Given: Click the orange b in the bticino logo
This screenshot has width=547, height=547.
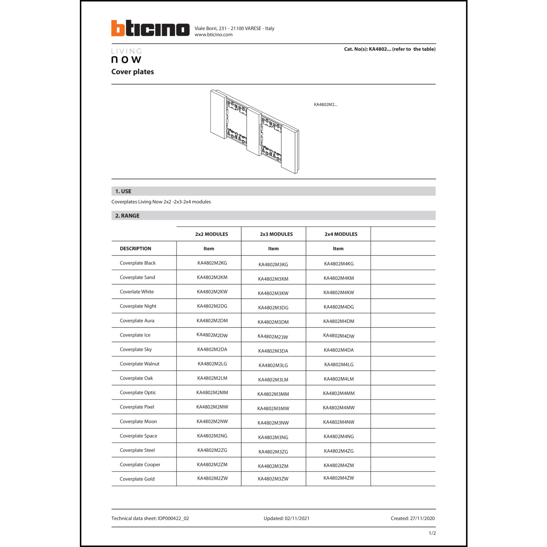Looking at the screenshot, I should click(x=118, y=28).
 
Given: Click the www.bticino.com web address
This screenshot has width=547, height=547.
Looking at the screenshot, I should click(x=213, y=35).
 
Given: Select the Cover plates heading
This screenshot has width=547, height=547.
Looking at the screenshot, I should click(x=132, y=72).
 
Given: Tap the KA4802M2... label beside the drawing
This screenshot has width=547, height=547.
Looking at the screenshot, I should click(x=325, y=105).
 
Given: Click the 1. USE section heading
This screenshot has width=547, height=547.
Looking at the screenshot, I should click(x=123, y=191).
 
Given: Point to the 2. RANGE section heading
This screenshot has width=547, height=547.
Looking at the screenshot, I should click(x=127, y=216).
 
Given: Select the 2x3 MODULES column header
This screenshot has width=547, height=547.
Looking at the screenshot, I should click(x=276, y=234).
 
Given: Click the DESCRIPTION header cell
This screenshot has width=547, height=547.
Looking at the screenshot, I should click(x=135, y=249).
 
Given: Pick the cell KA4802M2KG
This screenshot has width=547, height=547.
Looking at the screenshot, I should click(x=212, y=263).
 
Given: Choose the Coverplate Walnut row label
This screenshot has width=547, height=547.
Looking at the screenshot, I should click(x=139, y=364).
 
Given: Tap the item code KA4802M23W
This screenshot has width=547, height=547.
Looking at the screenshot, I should click(x=273, y=337).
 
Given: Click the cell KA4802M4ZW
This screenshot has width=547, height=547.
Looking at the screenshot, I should click(x=338, y=478).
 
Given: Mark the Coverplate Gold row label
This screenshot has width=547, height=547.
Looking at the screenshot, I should click(x=137, y=479).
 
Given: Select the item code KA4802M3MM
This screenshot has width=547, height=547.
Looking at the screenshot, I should click(x=273, y=394).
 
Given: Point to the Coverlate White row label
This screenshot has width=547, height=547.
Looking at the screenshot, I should click(x=137, y=292).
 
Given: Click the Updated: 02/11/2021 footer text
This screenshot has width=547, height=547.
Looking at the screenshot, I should click(x=286, y=519).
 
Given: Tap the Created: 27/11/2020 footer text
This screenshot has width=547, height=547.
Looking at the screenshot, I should click(x=412, y=519).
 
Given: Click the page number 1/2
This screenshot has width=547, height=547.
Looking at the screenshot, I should click(x=432, y=533).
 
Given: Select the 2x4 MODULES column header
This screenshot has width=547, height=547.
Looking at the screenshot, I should click(x=341, y=234).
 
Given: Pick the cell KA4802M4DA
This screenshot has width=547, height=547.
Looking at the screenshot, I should click(x=338, y=350).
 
